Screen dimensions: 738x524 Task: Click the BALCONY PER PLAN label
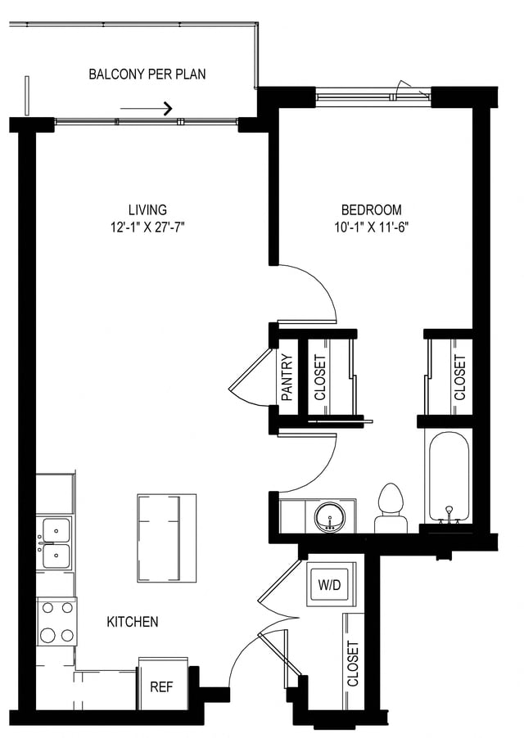pos(147,74)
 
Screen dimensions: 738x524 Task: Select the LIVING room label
pos(147,210)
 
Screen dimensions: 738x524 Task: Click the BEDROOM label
pos(372,210)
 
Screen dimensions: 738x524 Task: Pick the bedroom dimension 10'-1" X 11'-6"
pos(372,227)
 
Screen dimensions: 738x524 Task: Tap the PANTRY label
pos(287,376)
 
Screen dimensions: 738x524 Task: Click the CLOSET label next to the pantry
pos(320,376)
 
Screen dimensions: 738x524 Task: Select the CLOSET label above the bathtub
pos(459,376)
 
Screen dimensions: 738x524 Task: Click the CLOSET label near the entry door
pos(353,663)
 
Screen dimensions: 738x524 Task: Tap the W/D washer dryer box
pos(332,584)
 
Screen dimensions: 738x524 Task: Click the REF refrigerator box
pos(161,686)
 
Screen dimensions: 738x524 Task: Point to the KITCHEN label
pos(133,622)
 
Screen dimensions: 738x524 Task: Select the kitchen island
pos(166,538)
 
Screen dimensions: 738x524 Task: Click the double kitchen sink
pos(56,543)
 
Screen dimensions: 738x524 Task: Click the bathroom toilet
pos(391,508)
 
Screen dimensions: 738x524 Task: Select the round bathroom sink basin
pos(332,516)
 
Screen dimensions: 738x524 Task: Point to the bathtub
pos(448,479)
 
